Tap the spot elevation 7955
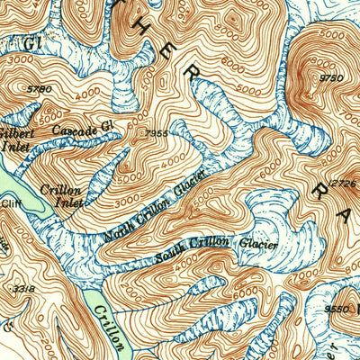155,132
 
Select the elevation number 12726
343,184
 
